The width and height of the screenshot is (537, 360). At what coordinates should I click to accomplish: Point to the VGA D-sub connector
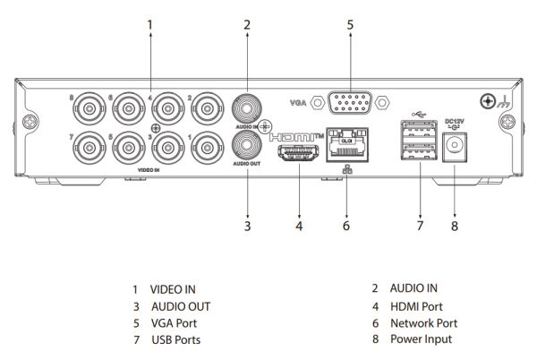pos(350,103)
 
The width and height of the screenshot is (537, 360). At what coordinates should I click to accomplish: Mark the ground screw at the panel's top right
pos(489,102)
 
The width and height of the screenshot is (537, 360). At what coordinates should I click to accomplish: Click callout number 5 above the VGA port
pos(351,25)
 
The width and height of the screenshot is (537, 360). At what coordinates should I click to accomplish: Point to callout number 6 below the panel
pos(345,227)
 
